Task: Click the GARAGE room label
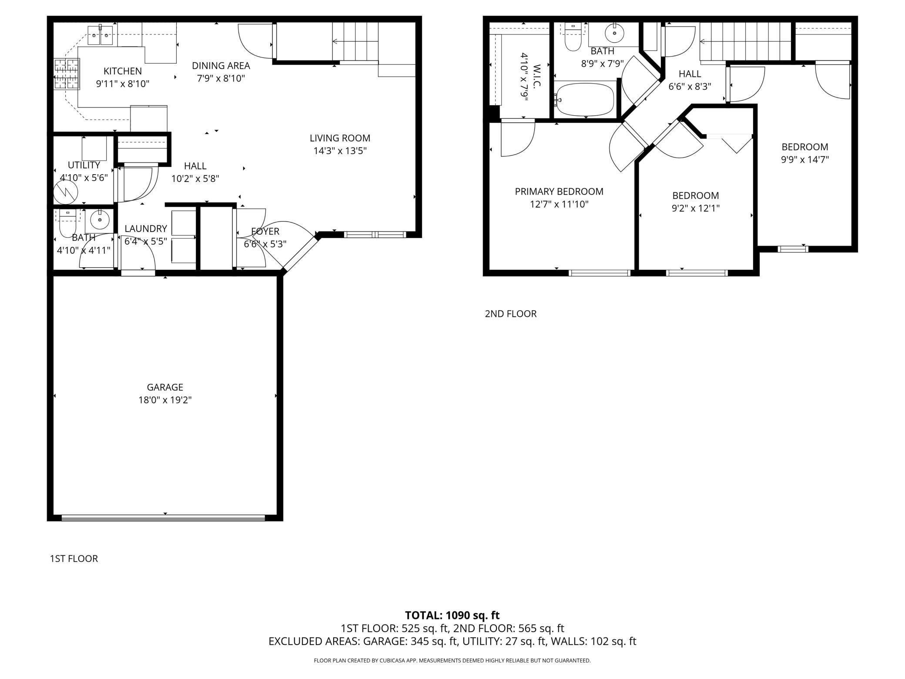pyautogui.click(x=165, y=387)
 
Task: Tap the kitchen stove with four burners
pyautogui.click(x=67, y=74)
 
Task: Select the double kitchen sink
pyautogui.click(x=101, y=36)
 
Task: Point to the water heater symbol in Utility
pyautogui.click(x=65, y=192)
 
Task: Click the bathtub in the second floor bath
pyautogui.click(x=585, y=100)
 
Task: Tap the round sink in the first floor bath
pyautogui.click(x=100, y=220)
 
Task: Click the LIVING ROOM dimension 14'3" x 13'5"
pyautogui.click(x=340, y=151)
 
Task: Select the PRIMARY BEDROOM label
pyautogui.click(x=559, y=192)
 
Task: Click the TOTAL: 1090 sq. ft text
pyautogui.click(x=452, y=615)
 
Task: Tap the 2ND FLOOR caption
pyautogui.click(x=510, y=314)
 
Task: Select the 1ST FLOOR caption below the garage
pyautogui.click(x=74, y=558)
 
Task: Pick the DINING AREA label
pyautogui.click(x=221, y=66)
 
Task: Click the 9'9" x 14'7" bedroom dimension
pyautogui.click(x=804, y=159)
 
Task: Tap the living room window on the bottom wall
pyautogui.click(x=375, y=235)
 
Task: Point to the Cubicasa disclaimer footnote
pyautogui.click(x=452, y=660)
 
